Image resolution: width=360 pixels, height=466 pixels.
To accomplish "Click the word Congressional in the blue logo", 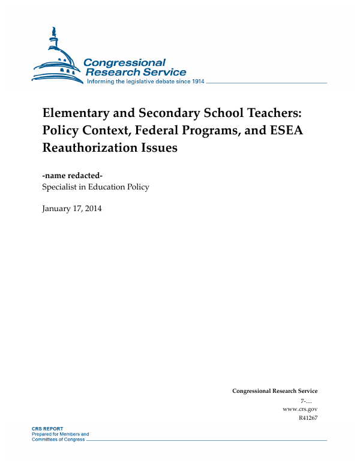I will tap(124, 63).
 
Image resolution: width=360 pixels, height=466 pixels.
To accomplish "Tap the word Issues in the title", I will tap(159, 148).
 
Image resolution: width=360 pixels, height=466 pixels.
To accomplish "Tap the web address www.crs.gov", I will tap(299, 408).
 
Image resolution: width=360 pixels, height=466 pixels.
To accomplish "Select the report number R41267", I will tap(307, 417).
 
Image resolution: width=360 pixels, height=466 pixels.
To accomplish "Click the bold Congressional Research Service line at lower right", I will tap(274, 391).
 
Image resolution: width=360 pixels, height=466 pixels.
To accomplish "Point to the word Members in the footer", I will tap(76, 434).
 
